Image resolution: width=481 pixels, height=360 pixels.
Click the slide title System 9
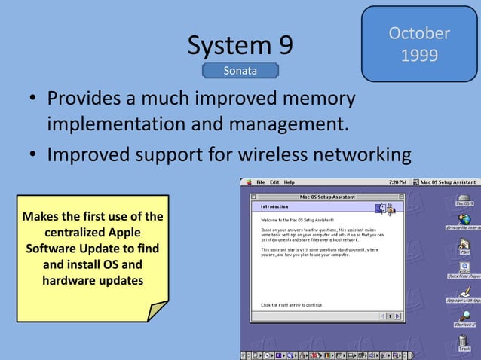[240, 46]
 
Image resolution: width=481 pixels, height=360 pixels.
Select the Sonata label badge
[240, 71]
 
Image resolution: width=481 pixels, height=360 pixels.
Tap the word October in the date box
[419, 33]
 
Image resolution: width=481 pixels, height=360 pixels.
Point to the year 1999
[419, 56]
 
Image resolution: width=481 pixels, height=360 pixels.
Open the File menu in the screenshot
[261, 182]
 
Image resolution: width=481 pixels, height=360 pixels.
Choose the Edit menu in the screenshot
[274, 182]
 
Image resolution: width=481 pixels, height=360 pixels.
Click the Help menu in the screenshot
[290, 182]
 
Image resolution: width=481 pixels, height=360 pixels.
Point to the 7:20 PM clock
[398, 182]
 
